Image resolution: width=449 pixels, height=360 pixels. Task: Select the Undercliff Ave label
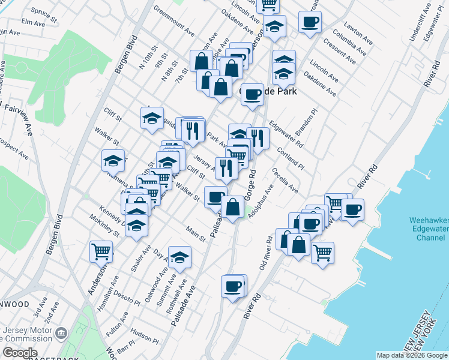tap(417, 28)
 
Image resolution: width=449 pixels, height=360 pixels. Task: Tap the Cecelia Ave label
tap(285, 181)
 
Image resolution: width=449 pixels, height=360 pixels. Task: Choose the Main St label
tap(196, 234)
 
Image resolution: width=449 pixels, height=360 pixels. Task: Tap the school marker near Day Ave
tap(179, 257)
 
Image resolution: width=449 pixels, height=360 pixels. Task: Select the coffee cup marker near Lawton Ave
tap(310, 23)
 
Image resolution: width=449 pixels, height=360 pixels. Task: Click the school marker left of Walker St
tap(113, 160)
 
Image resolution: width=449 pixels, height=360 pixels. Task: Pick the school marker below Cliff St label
tap(152, 118)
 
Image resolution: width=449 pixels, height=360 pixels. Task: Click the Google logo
tap(20, 353)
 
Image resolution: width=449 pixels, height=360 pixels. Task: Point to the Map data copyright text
tap(412, 356)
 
